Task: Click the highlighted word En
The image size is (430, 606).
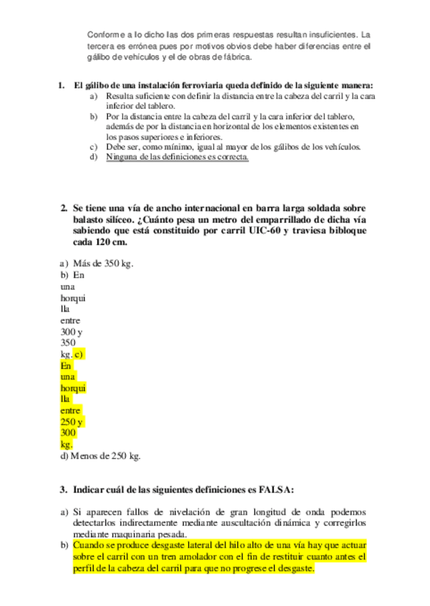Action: (x=67, y=365)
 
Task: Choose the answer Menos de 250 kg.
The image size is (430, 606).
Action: (x=101, y=455)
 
